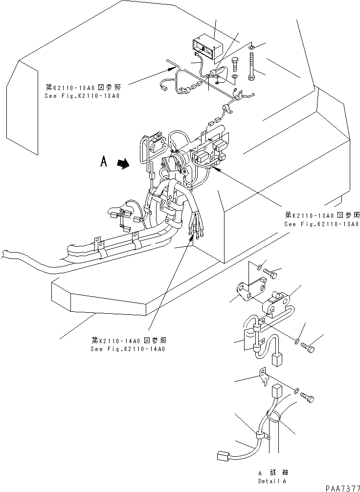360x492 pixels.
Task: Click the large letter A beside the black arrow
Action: tap(103, 162)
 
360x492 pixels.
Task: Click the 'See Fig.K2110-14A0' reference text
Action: tap(128, 349)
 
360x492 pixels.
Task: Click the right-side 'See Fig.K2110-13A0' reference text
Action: tap(322, 224)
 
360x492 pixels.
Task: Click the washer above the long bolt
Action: tap(251, 47)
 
